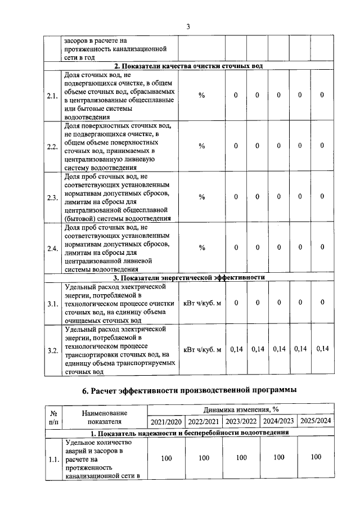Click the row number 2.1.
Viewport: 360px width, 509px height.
point(53,96)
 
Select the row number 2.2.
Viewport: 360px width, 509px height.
point(53,147)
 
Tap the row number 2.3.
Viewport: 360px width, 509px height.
point(53,197)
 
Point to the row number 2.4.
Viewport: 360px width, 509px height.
point(53,249)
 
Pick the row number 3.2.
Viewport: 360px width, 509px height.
point(53,350)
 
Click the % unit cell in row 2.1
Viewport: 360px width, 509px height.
point(201,96)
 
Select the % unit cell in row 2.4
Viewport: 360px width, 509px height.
point(201,247)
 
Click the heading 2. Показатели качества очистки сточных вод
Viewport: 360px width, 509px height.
point(189,66)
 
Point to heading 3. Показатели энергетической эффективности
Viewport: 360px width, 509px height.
point(189,277)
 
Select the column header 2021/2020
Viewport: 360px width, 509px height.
point(166,421)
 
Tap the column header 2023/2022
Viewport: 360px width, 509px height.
point(241,421)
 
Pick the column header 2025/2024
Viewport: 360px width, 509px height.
point(316,421)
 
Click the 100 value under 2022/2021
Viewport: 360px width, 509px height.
point(204,458)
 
